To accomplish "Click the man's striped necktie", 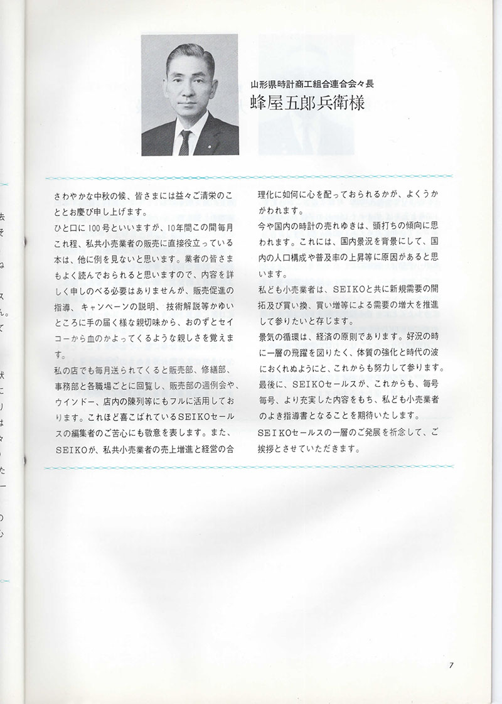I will pyautogui.click(x=184, y=143).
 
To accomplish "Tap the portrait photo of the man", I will pyautogui.click(x=190, y=95).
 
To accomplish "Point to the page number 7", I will pyautogui.click(x=451, y=666).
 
